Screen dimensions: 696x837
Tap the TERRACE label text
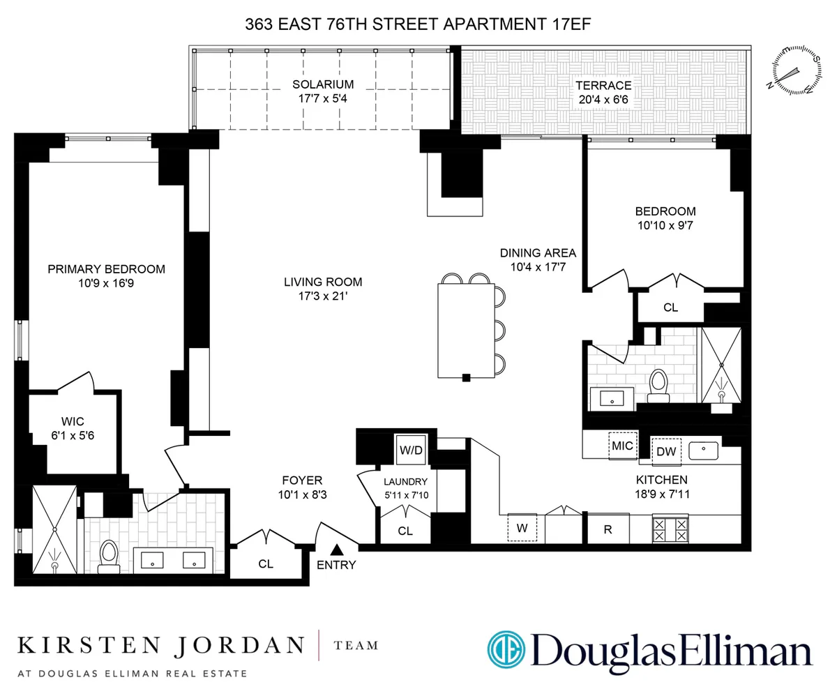coord(603,85)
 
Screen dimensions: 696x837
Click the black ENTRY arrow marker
coord(337,550)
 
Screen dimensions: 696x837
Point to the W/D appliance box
coord(411,451)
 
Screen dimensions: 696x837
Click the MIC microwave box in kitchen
coord(621,446)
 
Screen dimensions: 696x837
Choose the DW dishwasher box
coord(666,451)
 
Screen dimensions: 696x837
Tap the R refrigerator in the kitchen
coord(608,529)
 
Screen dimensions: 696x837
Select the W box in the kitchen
coord(522,528)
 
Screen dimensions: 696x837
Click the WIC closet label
coord(73,421)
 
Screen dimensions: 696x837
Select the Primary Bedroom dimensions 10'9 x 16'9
coord(106,284)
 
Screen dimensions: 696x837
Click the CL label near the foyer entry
coord(265,563)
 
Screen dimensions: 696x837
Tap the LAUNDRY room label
coord(405,481)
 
